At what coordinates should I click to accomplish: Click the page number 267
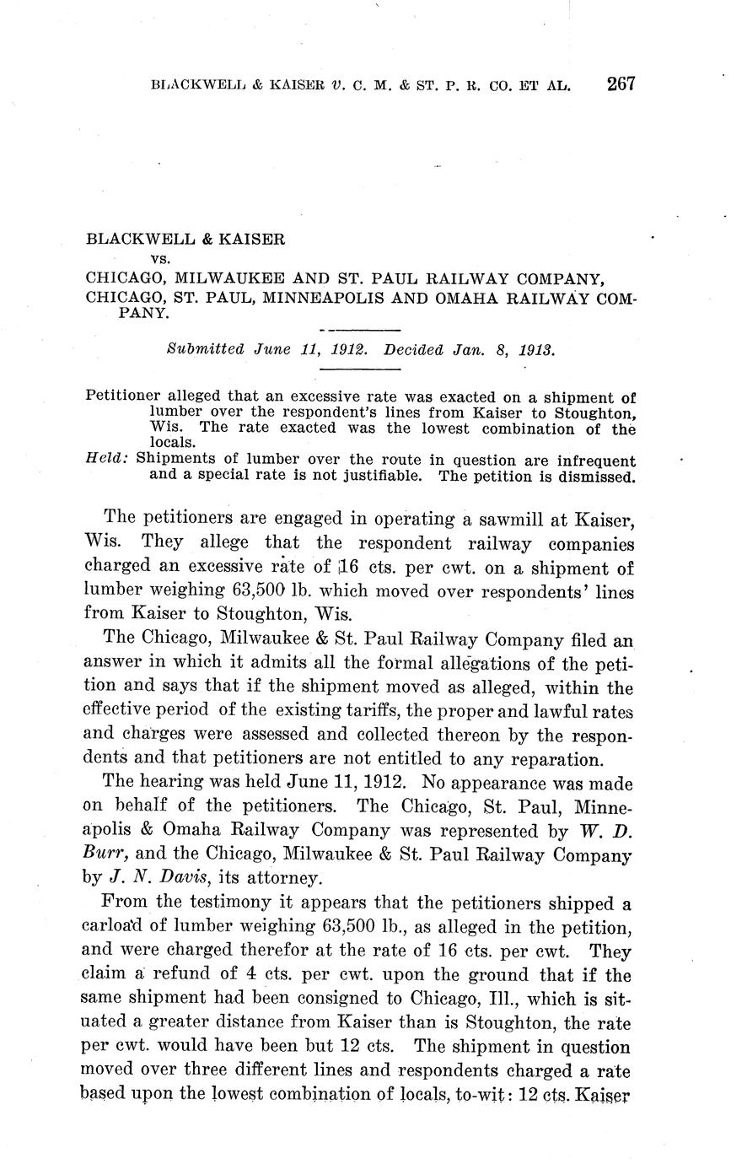point(619,84)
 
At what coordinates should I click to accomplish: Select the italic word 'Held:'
point(107,461)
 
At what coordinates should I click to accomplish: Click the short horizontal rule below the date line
point(360,368)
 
